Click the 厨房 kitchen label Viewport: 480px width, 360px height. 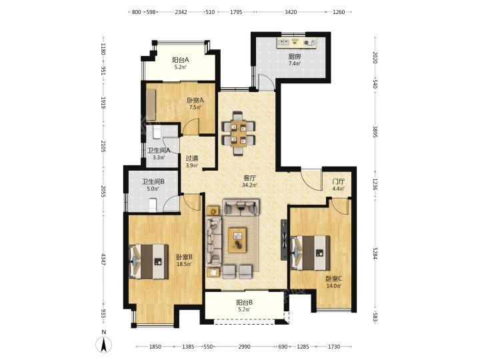pos(295,57)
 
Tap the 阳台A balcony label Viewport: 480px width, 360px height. pos(180,60)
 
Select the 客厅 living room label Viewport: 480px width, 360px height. pos(249,178)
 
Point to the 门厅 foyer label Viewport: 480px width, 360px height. pos(339,181)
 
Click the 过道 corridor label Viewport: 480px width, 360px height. pos(192,158)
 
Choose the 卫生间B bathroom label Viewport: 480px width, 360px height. pos(153,181)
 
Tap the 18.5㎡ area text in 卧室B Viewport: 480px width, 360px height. pos(184,263)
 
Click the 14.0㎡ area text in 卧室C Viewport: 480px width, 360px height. pos(334,285)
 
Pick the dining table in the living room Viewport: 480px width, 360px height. pos(239,133)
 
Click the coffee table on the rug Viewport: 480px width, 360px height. pos(237,240)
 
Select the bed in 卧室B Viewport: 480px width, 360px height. pos(149,261)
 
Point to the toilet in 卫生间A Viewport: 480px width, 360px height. pos(156,131)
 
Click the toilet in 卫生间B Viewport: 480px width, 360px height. pos(152,205)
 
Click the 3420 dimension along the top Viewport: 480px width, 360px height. pos(291,12)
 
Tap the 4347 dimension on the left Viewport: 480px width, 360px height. pos(104,259)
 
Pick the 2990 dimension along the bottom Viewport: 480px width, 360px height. pos(244,347)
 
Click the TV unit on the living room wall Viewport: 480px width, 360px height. pos(284,240)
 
